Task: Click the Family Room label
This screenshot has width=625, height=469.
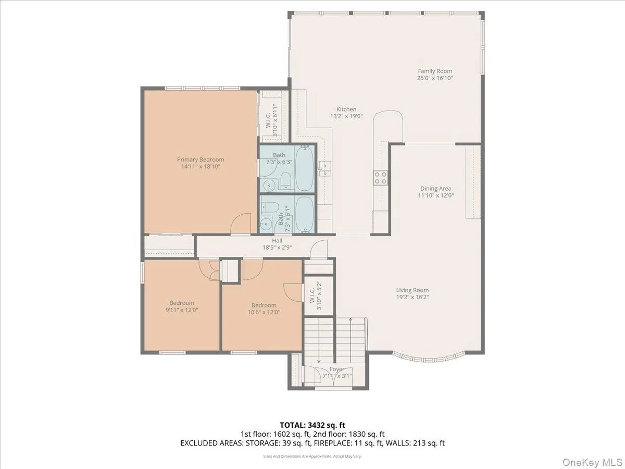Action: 435,71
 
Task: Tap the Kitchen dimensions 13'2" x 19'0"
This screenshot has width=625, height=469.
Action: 346,116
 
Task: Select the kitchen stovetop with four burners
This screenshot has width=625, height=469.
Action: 380,178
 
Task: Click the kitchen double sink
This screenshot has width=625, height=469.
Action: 325,168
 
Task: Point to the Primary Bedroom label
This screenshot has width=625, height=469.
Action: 201,160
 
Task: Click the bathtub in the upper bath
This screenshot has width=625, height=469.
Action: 305,168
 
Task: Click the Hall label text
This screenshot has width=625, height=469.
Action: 277,241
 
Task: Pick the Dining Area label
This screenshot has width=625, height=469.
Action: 435,189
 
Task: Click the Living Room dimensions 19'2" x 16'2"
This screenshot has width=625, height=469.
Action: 413,297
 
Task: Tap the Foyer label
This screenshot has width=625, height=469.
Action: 337,369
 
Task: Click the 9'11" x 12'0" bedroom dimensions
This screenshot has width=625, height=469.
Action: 182,310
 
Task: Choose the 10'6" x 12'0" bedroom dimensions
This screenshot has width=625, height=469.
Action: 264,312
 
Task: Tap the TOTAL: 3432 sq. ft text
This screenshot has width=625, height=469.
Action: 312,425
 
